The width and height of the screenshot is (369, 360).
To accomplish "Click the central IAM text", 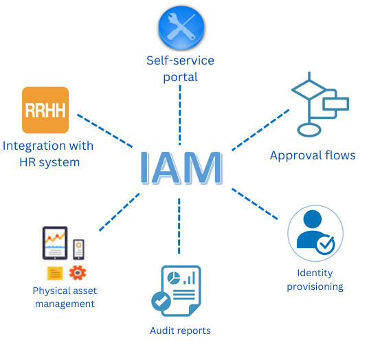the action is [181, 168].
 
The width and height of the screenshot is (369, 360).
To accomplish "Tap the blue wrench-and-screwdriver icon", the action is [181, 28].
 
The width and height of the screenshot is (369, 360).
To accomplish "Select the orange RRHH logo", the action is [45, 110].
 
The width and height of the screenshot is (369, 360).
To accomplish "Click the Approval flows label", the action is [313, 155].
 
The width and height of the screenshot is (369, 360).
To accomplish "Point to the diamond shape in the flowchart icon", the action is [309, 89].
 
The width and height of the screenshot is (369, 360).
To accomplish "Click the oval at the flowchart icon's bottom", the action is [309, 130].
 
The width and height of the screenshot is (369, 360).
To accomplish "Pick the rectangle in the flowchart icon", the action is [335, 104].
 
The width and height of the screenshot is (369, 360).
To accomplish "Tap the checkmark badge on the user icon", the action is [325, 245].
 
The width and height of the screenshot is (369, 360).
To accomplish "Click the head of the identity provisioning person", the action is [313, 219].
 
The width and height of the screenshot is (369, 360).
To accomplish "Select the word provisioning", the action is [315, 287].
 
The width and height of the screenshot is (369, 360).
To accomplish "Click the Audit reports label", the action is [180, 331].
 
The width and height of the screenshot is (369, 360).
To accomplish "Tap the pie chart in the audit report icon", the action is [174, 278].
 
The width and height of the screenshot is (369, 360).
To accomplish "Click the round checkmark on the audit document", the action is [161, 301].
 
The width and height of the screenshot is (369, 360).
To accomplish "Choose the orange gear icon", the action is [78, 273].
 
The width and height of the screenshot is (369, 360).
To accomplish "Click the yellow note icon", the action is [55, 273].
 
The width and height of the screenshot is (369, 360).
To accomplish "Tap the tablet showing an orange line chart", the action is [55, 243].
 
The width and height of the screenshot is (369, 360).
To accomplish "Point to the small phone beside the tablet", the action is [78, 249].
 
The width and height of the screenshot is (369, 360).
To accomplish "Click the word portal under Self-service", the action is [181, 78].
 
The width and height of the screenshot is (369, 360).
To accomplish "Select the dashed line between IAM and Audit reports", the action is [179, 226].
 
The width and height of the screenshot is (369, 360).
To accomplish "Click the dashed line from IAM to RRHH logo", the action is [105, 131].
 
